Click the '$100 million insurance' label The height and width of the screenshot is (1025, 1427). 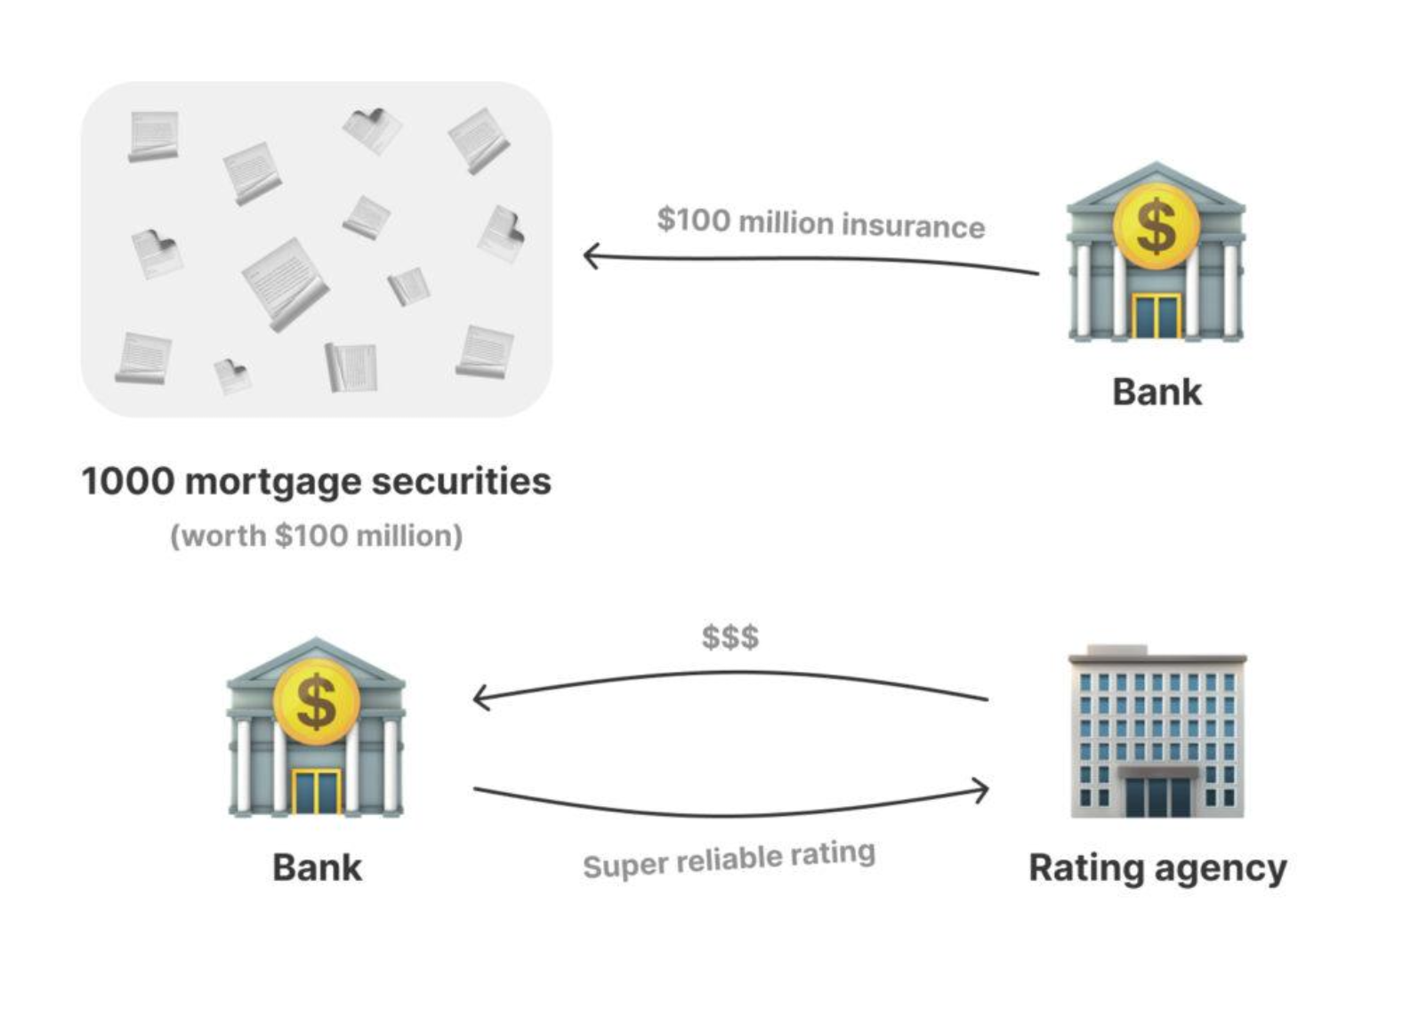click(x=820, y=222)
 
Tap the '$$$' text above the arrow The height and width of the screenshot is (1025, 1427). click(x=730, y=637)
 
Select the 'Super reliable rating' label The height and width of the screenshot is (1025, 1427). click(x=729, y=859)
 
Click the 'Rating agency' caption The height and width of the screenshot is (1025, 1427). click(x=1157, y=868)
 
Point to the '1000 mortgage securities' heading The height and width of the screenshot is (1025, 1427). click(x=317, y=481)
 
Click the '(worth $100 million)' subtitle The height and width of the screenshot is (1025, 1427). click(x=317, y=536)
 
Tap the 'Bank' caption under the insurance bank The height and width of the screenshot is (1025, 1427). click(x=1157, y=391)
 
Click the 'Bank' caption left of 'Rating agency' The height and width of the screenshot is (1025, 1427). click(x=317, y=868)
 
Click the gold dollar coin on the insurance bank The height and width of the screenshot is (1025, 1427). click(x=1156, y=226)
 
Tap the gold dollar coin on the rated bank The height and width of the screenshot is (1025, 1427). click(x=316, y=702)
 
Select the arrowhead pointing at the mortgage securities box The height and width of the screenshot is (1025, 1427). click(x=590, y=256)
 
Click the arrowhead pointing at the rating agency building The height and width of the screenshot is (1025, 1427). click(x=981, y=790)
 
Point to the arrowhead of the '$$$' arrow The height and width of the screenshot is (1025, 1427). click(x=480, y=698)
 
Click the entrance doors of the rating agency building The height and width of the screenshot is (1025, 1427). click(x=1157, y=796)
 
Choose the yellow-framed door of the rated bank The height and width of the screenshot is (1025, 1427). click(x=316, y=793)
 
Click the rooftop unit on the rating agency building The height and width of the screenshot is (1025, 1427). click(x=1117, y=650)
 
